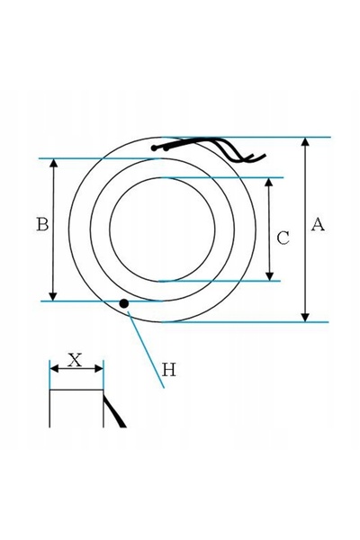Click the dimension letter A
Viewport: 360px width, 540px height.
point(318,224)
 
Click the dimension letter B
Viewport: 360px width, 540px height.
point(42,224)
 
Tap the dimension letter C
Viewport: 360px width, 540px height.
point(283,238)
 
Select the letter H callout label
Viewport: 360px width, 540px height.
point(169,370)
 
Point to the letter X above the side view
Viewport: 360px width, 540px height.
point(75,360)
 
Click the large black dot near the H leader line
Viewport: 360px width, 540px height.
point(123,303)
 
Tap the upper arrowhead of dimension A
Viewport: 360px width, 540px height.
point(305,141)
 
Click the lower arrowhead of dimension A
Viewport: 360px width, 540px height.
point(305,318)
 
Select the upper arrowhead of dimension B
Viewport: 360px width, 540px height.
point(54,163)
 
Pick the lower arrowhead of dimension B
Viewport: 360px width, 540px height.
point(53,296)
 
